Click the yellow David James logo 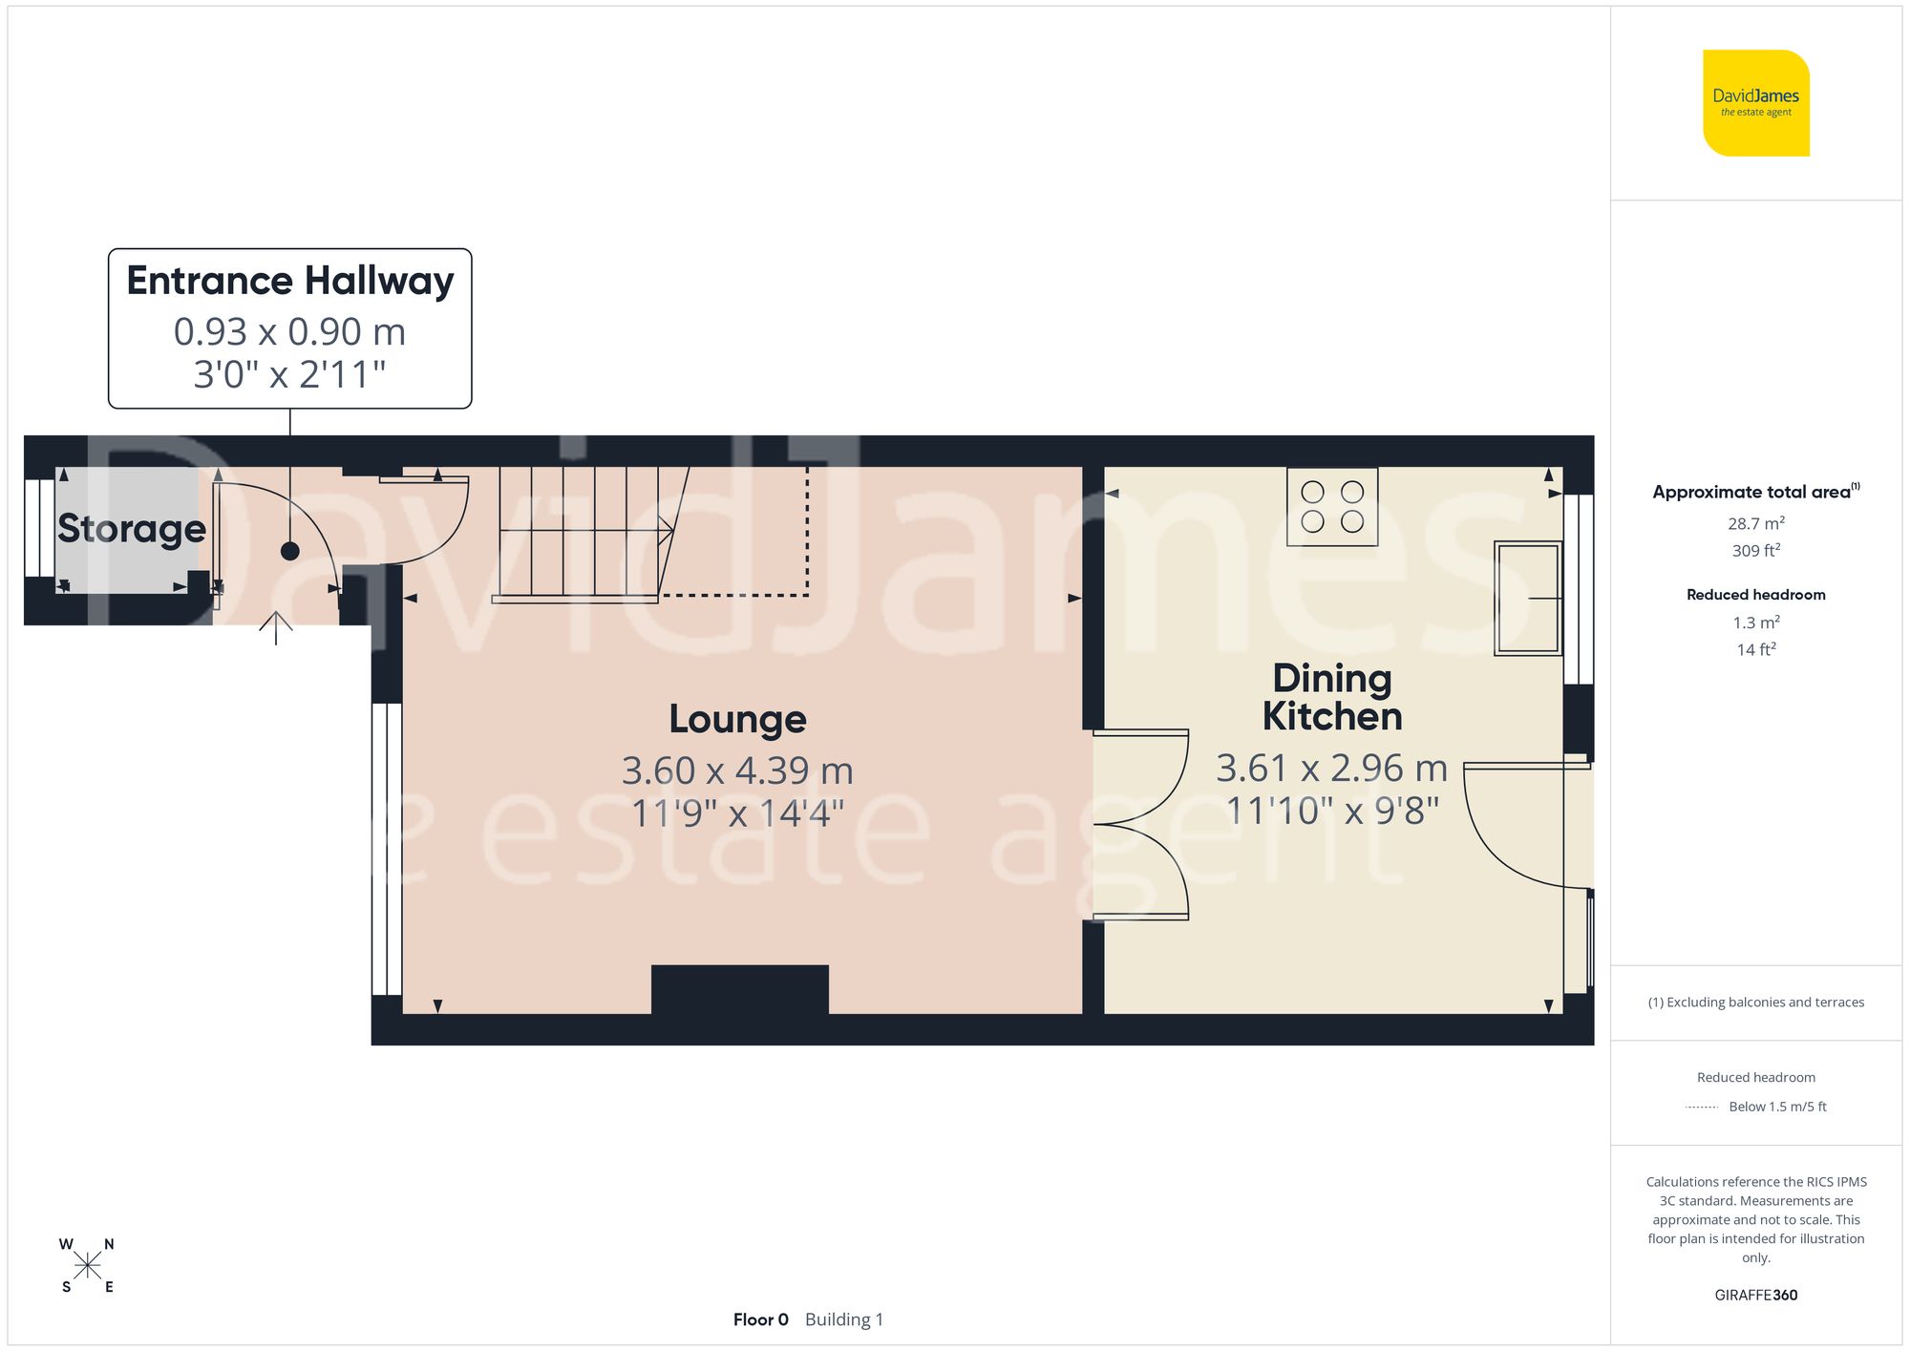1755,103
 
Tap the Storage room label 132,528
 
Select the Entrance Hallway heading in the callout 290,281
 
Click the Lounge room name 737,719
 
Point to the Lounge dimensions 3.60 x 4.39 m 737,770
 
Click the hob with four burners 1332,507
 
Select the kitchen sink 1527,598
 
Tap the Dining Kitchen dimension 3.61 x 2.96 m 1331,768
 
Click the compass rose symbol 87,1266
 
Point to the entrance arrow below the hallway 276,627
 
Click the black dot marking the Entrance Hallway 290,551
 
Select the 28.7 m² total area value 1755,523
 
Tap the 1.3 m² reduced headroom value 1755,623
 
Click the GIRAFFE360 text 1755,1295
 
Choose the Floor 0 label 760,1319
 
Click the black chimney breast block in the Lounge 739,989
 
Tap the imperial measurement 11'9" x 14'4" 737,813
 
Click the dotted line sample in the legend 1702,1108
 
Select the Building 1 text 844,1319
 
